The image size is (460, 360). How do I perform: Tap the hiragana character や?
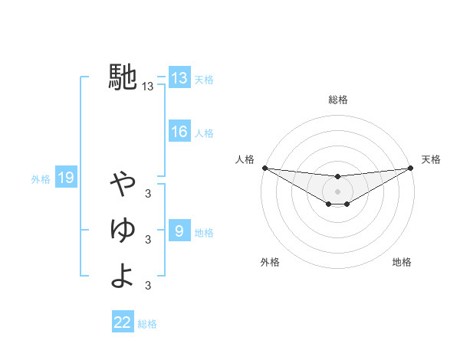pyautogui.click(x=123, y=184)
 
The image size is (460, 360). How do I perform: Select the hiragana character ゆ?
pyautogui.click(x=123, y=229)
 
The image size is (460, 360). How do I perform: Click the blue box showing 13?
pyautogui.click(x=179, y=78)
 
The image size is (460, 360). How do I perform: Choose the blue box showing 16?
pyautogui.click(x=179, y=132)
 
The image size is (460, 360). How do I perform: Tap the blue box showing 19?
pyautogui.click(x=65, y=178)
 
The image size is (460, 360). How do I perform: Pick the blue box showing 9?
pyautogui.click(x=179, y=231)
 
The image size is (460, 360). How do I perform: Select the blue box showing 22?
pyautogui.click(x=123, y=322)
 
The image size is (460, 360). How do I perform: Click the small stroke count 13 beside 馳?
pyautogui.click(x=148, y=87)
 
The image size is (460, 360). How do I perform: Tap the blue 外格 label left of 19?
pyautogui.click(x=41, y=179)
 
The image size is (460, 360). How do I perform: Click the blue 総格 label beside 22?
pyautogui.click(x=148, y=324)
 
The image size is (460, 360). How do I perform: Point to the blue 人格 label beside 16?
pyautogui.click(x=204, y=133)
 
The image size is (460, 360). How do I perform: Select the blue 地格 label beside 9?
pyautogui.click(x=204, y=233)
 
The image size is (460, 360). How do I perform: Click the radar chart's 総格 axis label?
pyautogui.click(x=338, y=100)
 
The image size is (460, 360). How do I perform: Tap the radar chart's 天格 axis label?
pyautogui.click(x=431, y=159)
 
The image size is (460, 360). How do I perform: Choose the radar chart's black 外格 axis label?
pyautogui.click(x=270, y=262)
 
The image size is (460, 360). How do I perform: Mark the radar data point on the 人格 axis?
pyautogui.click(x=264, y=168)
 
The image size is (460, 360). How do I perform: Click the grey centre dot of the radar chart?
pyautogui.click(x=338, y=191)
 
